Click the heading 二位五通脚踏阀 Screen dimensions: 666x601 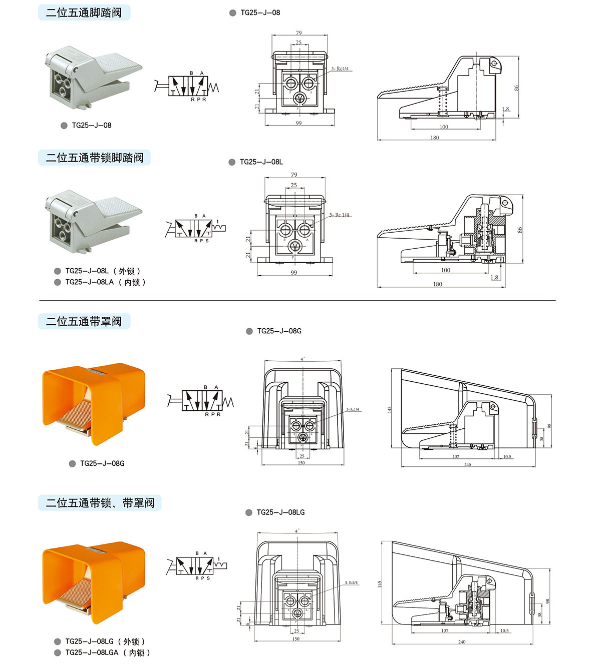click(84, 13)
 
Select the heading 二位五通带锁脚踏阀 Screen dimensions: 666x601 click(95, 158)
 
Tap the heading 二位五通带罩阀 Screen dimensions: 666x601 click(84, 321)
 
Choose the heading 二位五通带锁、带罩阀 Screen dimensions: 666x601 click(100, 503)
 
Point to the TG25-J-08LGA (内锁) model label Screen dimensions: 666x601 click(107, 652)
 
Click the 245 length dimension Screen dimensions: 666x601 click(467, 464)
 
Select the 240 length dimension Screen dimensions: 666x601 click(461, 642)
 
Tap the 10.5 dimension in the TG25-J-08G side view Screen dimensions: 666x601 click(507, 456)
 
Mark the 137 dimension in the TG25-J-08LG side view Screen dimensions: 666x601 click(445, 630)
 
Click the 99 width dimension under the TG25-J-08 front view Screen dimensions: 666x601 click(298, 123)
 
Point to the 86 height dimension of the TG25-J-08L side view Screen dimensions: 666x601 click(520, 230)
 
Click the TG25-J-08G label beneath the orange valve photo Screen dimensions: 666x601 click(102, 463)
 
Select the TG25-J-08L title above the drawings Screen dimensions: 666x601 click(261, 162)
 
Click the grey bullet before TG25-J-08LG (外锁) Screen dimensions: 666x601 click(58, 641)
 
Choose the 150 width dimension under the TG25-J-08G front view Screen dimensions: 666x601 click(301, 463)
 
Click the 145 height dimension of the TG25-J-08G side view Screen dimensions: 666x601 click(390, 409)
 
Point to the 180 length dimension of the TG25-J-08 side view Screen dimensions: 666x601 click(434, 138)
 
